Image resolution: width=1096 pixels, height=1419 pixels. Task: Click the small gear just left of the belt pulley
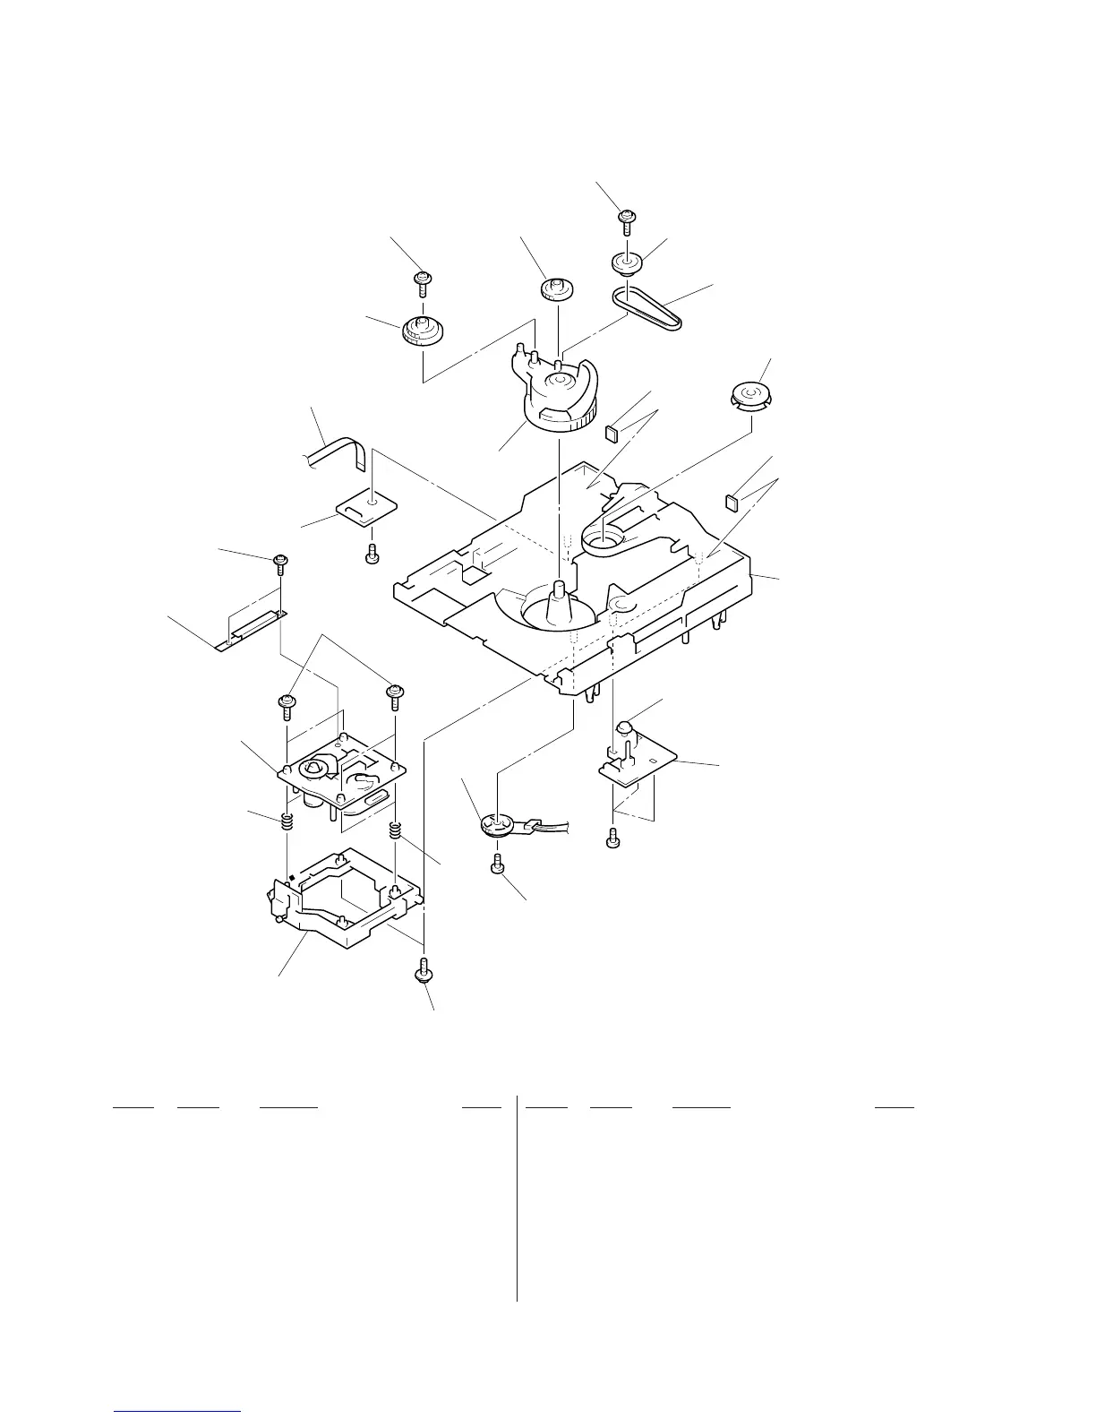pyautogui.click(x=556, y=290)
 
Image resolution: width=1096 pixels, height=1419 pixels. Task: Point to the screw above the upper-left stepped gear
pyautogui.click(x=423, y=282)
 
